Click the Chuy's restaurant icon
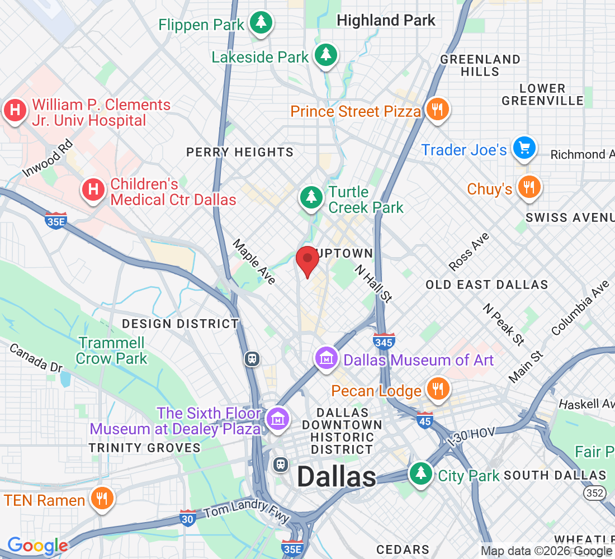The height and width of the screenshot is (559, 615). click(x=528, y=187)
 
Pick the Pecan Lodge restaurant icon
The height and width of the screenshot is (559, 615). click(x=437, y=389)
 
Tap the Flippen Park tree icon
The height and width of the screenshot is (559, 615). click(x=261, y=23)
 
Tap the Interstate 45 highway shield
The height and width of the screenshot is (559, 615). click(x=425, y=420)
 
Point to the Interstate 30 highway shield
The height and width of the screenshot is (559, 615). click(x=188, y=518)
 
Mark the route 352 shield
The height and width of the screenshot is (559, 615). click(x=593, y=492)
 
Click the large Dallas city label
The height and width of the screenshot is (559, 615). click(x=337, y=477)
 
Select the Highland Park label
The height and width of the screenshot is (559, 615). click(x=386, y=21)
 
